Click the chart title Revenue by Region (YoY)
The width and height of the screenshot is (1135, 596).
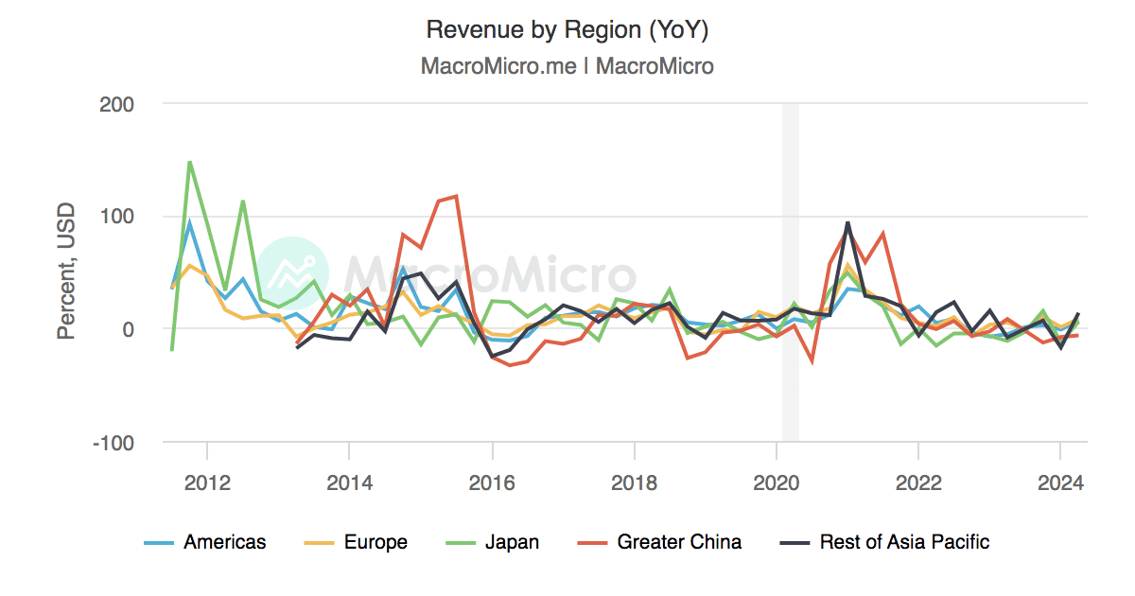click(567, 29)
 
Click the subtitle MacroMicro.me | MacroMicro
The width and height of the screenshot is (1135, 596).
click(567, 66)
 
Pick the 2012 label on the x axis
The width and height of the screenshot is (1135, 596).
click(207, 482)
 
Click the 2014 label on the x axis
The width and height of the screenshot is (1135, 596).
click(349, 482)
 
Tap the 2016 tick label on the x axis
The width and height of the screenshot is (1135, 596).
click(491, 482)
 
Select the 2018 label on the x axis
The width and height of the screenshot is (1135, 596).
click(634, 482)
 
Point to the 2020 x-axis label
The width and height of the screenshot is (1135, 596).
click(776, 482)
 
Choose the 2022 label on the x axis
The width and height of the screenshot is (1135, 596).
click(917, 482)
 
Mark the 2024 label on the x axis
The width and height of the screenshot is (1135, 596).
click(1059, 482)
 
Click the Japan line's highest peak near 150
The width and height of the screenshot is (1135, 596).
click(190, 162)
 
